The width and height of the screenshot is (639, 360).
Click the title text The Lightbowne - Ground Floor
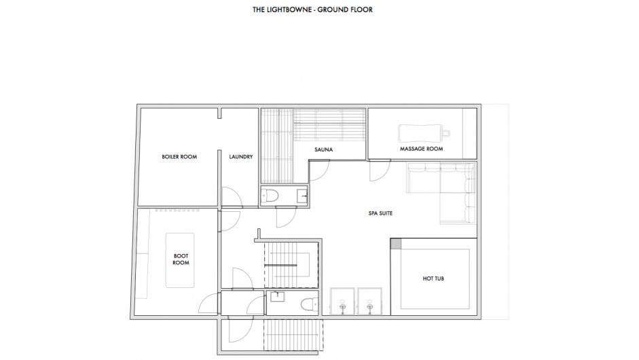312,10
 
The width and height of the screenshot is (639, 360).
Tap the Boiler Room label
179,156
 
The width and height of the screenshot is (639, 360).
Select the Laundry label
241,156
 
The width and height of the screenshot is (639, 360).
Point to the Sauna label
324,149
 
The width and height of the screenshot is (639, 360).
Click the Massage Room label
422,149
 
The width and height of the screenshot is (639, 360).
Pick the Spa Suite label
381,213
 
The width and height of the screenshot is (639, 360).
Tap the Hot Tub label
433,279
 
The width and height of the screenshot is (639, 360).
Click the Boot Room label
181,259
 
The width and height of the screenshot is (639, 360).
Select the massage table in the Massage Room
424,133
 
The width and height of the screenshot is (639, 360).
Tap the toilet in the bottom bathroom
309,304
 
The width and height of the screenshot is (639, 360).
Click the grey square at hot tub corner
396,243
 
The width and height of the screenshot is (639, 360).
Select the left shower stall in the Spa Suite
343,302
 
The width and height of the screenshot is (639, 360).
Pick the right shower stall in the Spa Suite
369,302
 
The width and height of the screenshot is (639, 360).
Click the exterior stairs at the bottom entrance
293,335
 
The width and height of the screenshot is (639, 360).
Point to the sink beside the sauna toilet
302,196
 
